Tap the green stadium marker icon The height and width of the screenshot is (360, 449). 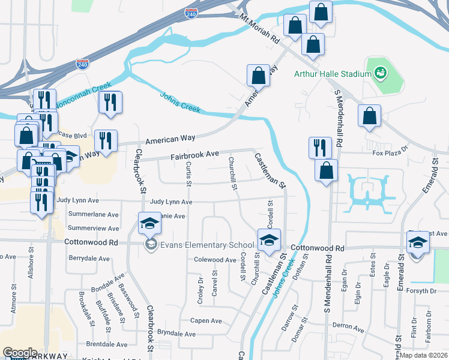pyautogui.click(x=379, y=74)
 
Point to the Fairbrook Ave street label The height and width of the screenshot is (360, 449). pyautogui.click(x=194, y=154)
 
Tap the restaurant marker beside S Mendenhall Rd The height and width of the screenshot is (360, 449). pyautogui.click(x=320, y=147)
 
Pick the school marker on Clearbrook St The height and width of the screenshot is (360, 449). pyautogui.click(x=149, y=224)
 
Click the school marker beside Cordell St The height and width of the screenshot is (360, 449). pyautogui.click(x=270, y=240)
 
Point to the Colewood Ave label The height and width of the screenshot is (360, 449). pyautogui.click(x=215, y=260)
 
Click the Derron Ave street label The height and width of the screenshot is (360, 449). pyautogui.click(x=349, y=327)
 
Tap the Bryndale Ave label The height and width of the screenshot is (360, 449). pyautogui.click(x=176, y=333)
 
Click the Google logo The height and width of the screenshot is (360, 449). pyautogui.click(x=20, y=353)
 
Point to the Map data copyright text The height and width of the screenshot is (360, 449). pyautogui.click(x=424, y=355)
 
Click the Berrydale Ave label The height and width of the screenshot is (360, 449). pyautogui.click(x=89, y=259)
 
